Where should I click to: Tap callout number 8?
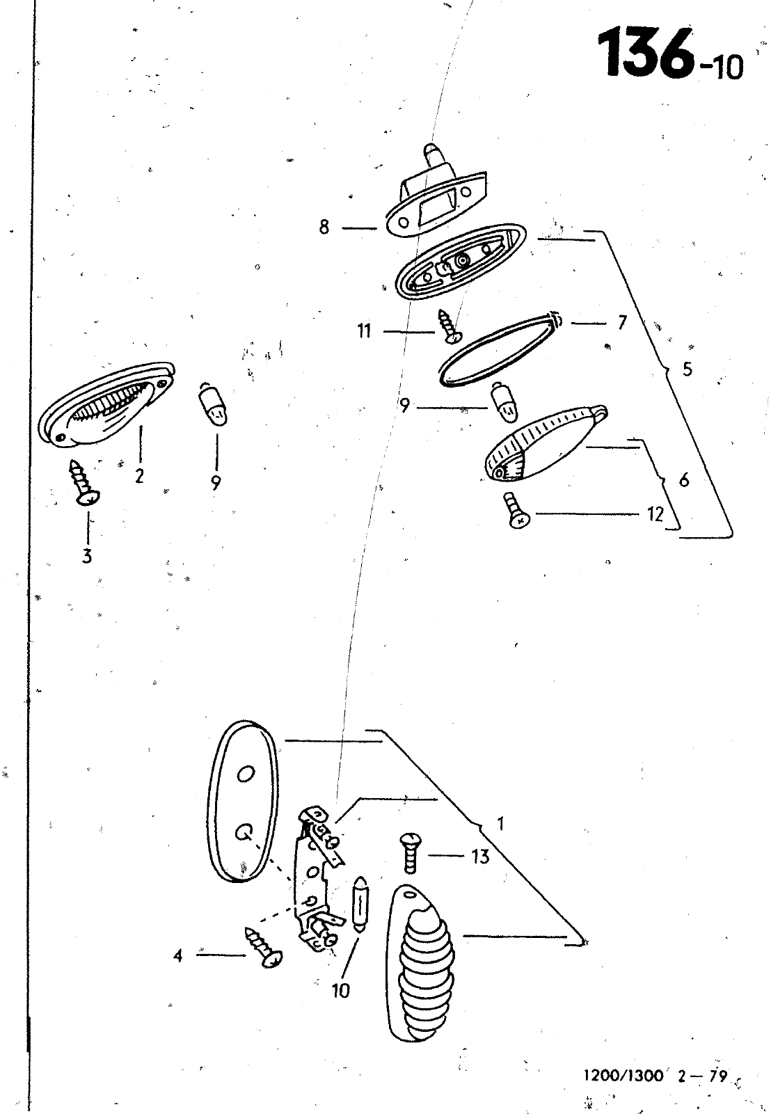[x=324, y=228]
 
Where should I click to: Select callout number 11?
[x=365, y=331]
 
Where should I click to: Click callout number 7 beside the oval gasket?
[x=622, y=323]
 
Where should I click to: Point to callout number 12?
[x=655, y=514]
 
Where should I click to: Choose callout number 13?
[x=481, y=857]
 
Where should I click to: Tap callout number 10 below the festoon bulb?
[x=341, y=991]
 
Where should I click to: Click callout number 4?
[x=178, y=955]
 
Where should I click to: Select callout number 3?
[x=87, y=556]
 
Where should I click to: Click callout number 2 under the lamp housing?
[x=139, y=476]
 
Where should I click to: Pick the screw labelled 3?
[x=85, y=482]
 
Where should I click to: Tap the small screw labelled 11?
[x=449, y=326]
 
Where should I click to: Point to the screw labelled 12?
[x=516, y=510]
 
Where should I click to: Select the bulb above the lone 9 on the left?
[x=214, y=404]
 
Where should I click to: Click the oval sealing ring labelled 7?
[x=500, y=349]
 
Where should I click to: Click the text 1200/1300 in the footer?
[x=623, y=1075]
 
